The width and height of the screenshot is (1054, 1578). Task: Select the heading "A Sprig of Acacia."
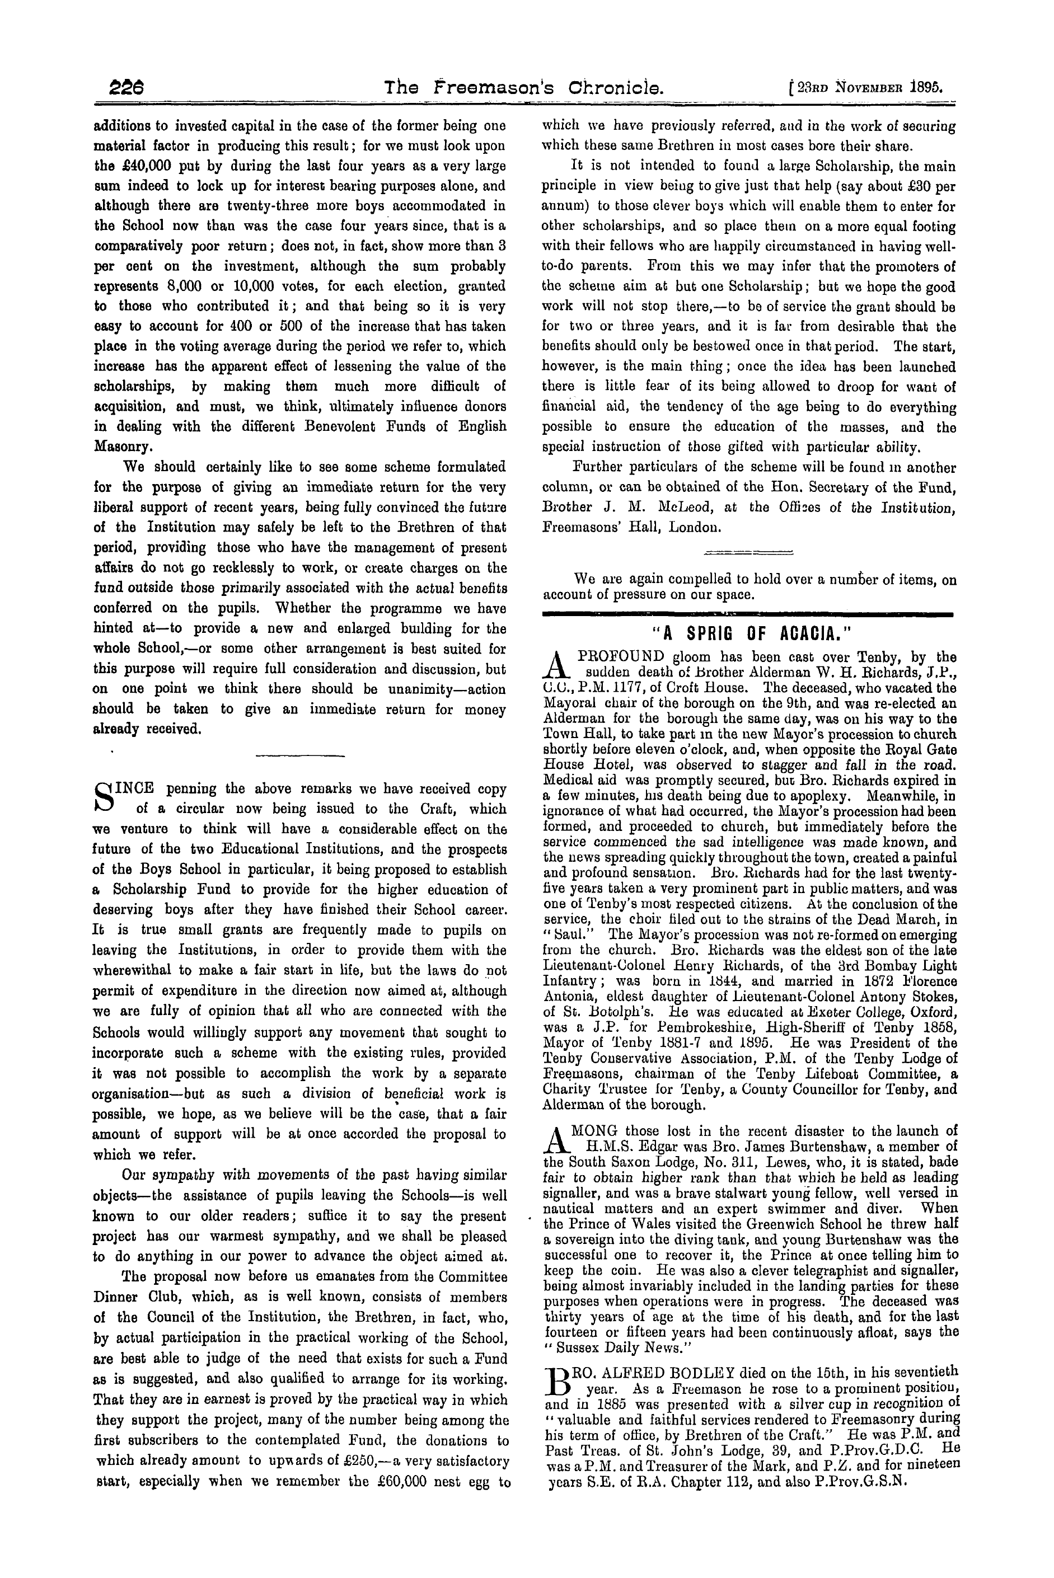tap(749, 633)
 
